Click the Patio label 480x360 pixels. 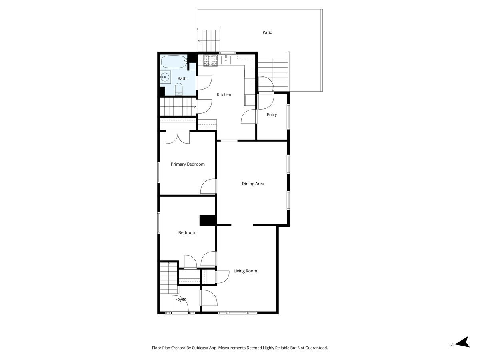[x=267, y=32]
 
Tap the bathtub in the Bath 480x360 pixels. [x=174, y=62]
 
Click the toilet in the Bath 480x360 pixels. [x=179, y=89]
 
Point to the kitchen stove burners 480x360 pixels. [x=210, y=60]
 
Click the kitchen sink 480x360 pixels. [x=226, y=60]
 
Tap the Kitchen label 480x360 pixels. [x=224, y=94]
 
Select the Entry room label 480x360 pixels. [x=272, y=114]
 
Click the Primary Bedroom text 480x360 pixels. [x=188, y=164]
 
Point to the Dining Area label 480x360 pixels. [x=253, y=184]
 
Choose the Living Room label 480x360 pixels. [x=245, y=271]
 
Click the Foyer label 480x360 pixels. [x=180, y=299]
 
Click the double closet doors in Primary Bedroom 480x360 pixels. [x=178, y=137]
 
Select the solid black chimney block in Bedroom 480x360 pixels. [x=208, y=220]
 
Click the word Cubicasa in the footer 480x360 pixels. [x=200, y=348]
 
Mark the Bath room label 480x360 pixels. [x=182, y=78]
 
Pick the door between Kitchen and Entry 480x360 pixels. [x=249, y=116]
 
